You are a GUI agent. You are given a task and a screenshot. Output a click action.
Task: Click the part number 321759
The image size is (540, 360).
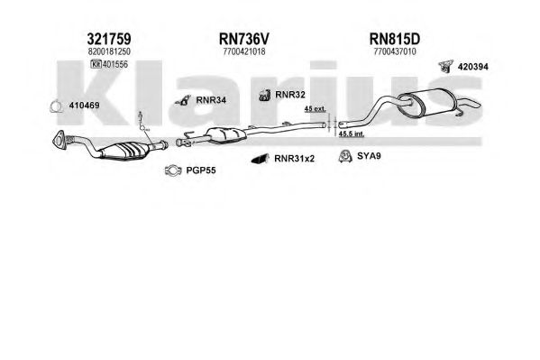point(109,40)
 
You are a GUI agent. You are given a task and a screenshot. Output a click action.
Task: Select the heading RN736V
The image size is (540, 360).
point(243,40)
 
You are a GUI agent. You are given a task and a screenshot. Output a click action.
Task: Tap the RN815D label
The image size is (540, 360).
point(395,40)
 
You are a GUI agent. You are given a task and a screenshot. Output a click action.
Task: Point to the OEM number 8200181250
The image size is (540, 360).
point(109,51)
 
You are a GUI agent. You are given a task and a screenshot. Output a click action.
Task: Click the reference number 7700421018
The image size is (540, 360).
point(244,51)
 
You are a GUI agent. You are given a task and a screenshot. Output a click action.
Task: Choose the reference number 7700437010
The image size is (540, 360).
point(395,51)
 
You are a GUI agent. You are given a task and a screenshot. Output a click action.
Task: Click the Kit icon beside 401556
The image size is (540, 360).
point(96,64)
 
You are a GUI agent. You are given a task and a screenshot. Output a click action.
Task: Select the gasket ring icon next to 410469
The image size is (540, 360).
point(56,106)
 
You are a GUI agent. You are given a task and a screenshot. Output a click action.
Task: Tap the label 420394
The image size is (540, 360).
point(473,67)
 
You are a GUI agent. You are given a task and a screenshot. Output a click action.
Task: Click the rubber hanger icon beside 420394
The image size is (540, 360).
point(446,67)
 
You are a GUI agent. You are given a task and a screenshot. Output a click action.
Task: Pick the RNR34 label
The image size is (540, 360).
point(211,100)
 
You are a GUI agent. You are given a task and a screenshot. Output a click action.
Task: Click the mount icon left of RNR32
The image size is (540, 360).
point(265,95)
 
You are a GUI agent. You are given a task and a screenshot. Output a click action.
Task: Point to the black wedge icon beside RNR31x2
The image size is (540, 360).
point(261,159)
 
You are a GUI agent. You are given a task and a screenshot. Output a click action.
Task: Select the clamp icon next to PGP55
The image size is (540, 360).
point(173,170)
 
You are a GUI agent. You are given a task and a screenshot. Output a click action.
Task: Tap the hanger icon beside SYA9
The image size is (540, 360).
point(344,156)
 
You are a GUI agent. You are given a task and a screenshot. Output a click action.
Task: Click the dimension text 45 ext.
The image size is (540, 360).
point(315,109)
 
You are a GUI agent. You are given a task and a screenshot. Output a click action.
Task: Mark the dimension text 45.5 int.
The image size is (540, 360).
point(352,134)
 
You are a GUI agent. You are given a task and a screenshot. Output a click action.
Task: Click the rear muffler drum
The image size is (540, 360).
point(426,102)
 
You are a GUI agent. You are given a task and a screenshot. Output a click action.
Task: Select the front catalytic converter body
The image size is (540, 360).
point(124,151)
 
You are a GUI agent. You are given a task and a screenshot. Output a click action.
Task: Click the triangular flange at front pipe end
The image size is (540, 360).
point(59,141)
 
